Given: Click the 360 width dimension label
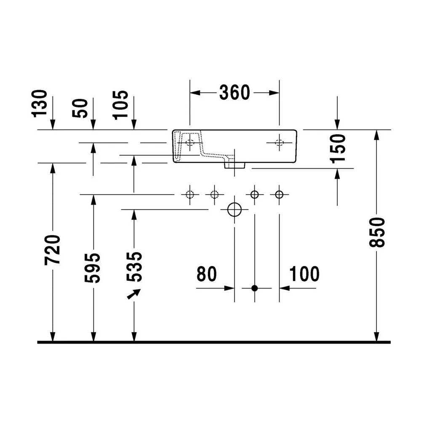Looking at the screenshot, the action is (234, 92).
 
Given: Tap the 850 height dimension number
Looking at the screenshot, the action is (377, 232).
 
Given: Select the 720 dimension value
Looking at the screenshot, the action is (52, 250).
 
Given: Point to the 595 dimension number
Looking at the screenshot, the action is (92, 268).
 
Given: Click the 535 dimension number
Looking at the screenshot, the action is (134, 266).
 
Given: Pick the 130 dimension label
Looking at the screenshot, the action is (40, 104).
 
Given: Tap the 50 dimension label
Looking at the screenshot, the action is (80, 108).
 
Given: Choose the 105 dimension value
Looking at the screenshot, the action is (120, 105).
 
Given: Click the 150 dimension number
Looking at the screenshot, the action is (338, 149).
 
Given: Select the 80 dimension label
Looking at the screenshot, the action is (206, 274).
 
